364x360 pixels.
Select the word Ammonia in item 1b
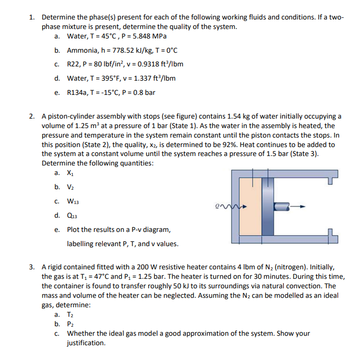82,51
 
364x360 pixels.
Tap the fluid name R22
73,64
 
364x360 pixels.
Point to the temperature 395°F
115,79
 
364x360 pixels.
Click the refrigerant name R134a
76,93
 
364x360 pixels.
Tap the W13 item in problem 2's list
73,201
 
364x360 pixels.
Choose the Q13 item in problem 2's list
72,215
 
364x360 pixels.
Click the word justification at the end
86,343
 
